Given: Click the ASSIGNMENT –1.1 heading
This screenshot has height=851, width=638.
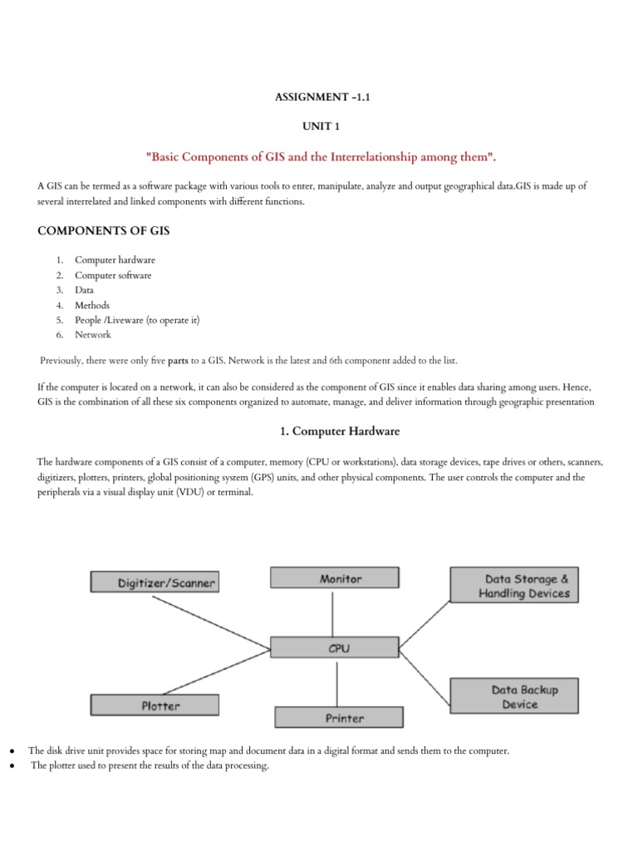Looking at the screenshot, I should point(319,98).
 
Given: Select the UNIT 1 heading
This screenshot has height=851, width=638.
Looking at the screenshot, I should point(319,127).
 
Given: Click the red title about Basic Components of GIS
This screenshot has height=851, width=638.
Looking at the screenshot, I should point(319,158).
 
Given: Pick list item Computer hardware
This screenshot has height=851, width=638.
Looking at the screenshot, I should point(115,260).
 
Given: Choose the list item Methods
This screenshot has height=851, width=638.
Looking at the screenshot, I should point(92,305).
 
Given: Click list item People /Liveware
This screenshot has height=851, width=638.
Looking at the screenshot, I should point(137,320).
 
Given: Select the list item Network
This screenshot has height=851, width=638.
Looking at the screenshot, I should point(92,335).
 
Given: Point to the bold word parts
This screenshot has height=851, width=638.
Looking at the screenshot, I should point(179,360).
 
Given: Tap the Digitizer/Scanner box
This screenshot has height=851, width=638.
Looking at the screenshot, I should point(155,583).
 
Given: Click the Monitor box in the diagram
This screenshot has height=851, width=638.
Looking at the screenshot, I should point(333,578).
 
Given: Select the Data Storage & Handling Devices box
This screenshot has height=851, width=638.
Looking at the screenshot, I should point(513,584).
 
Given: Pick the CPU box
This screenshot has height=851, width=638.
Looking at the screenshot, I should point(336,648).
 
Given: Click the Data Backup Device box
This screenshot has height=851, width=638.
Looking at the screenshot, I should point(513,696).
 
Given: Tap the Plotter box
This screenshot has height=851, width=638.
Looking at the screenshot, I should point(155,706).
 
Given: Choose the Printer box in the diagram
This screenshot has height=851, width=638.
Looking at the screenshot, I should point(338,716).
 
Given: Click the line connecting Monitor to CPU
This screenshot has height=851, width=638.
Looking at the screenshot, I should point(333,613).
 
